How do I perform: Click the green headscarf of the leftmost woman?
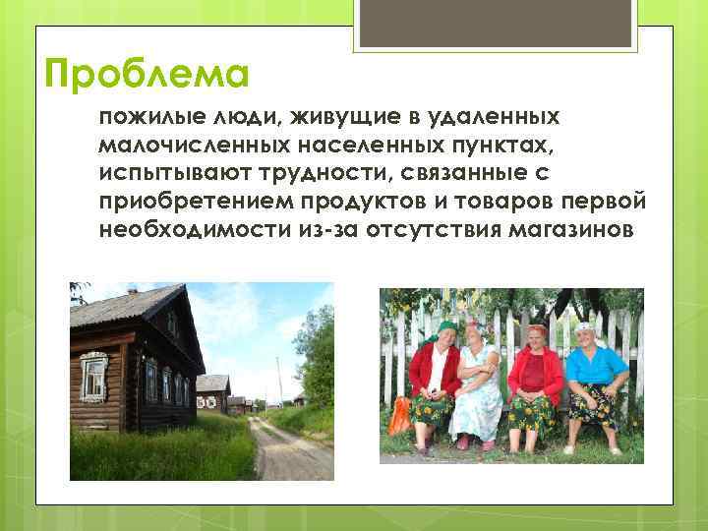[445, 328]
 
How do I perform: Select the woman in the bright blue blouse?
[596, 379]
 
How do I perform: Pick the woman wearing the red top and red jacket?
[536, 379]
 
